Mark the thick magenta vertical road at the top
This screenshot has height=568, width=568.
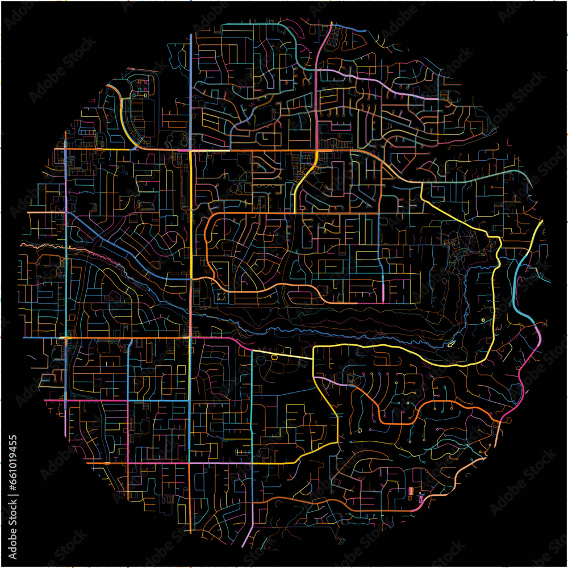316,85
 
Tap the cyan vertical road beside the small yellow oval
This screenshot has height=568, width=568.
252,398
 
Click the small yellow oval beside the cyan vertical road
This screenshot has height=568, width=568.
274,357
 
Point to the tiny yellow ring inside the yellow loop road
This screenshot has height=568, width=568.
483,320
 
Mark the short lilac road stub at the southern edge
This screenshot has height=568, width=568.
244,540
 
